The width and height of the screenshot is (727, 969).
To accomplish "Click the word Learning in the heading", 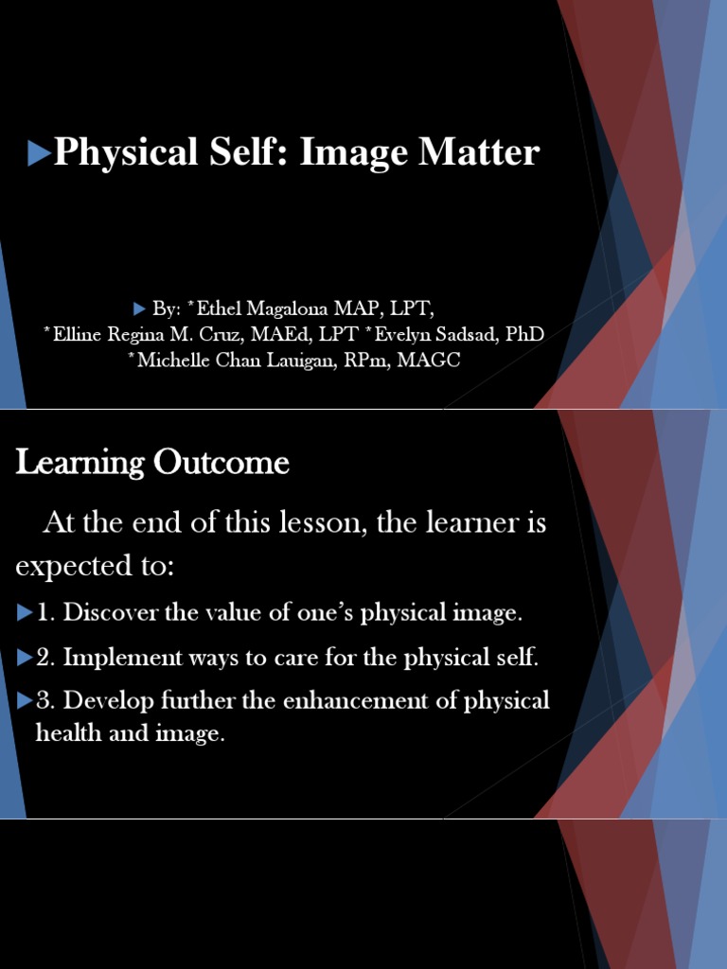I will pos(79,463).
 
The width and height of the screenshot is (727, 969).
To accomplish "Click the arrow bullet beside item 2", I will pos(25,658).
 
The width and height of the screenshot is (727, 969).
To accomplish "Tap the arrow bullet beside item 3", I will pos(25,701).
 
